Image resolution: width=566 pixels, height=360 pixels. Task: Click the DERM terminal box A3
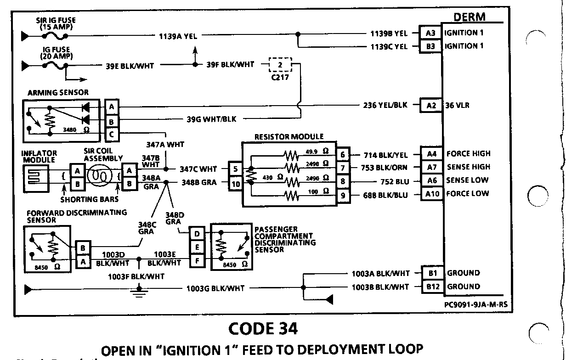tap(430, 33)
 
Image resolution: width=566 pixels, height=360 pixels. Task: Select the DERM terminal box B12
tap(432, 287)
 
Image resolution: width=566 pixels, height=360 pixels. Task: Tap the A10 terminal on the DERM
tap(432, 194)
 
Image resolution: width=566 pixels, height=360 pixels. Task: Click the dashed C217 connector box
tap(280, 65)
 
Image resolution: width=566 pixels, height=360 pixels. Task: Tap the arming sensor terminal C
tap(112, 135)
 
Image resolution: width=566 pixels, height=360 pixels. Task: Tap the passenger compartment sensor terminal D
tap(197, 234)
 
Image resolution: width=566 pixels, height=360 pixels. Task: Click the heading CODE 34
tap(262, 329)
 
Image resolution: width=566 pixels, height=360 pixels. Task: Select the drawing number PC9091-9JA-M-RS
tap(478, 304)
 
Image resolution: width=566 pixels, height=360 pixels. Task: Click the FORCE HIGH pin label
tap(468, 154)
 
